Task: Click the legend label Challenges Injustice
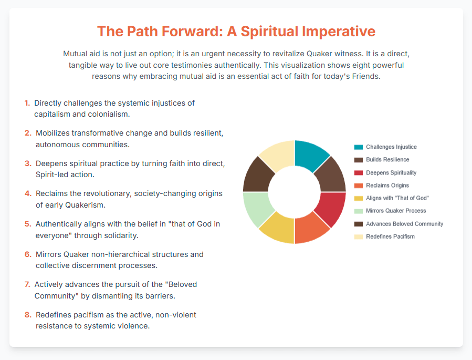pyautogui.click(x=391, y=147)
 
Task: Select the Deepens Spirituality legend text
pyautogui.click(x=391, y=172)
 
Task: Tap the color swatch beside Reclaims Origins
pyautogui.click(x=359, y=186)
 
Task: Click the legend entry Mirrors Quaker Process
pyautogui.click(x=396, y=211)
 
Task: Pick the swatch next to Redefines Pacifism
pyautogui.click(x=359, y=237)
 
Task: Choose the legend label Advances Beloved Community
pyautogui.click(x=405, y=224)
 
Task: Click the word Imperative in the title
pyautogui.click(x=339, y=32)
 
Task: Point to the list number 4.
pyautogui.click(x=28, y=193)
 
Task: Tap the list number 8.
pyautogui.click(x=28, y=315)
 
